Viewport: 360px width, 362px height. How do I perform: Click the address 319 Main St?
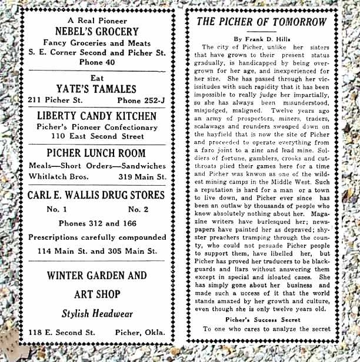pyautogui.click(x=141, y=176)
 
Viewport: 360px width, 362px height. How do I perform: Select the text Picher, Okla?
pyautogui.click(x=141, y=333)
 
